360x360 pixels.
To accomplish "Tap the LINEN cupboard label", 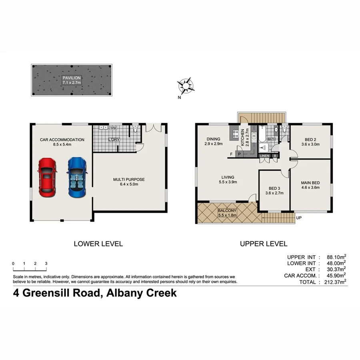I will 265,156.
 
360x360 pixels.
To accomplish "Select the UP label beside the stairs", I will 298,218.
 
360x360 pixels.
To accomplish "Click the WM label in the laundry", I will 113,128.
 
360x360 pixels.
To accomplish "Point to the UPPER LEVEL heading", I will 263,243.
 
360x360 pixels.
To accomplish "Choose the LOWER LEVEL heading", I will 98,243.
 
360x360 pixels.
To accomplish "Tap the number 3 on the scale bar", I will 46,264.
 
